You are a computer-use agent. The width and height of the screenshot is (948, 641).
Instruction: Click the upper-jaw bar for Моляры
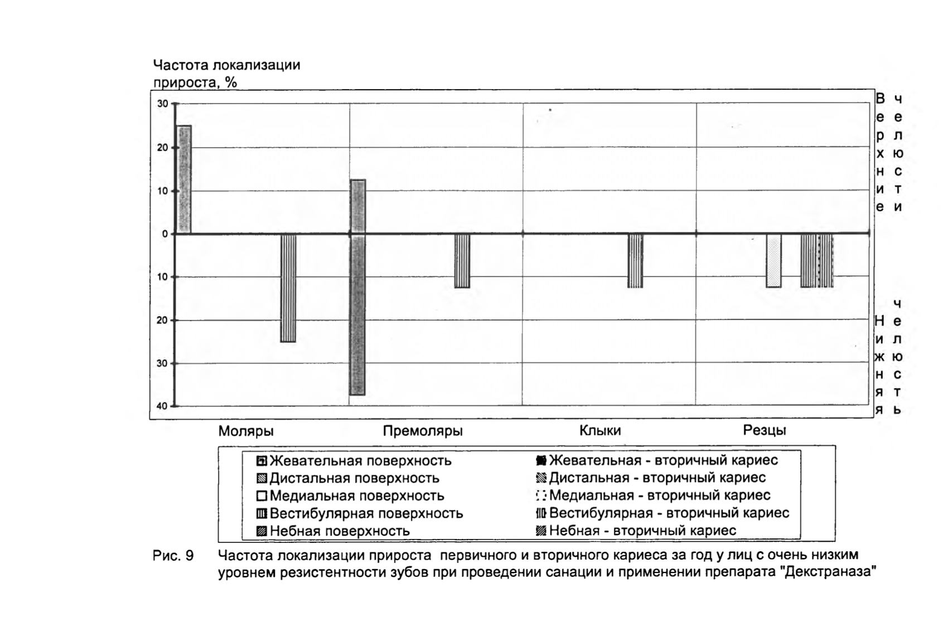click(x=184, y=179)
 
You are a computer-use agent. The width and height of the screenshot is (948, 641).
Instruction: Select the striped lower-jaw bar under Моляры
click(x=288, y=288)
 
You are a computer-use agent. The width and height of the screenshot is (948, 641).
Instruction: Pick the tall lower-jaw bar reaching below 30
click(x=357, y=315)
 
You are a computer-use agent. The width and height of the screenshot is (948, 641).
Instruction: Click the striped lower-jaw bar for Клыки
click(x=635, y=261)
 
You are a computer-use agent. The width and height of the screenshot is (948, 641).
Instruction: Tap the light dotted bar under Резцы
click(x=773, y=261)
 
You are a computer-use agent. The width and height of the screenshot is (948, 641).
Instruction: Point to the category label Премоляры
click(x=422, y=431)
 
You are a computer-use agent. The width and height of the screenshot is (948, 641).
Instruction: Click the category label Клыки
click(x=599, y=431)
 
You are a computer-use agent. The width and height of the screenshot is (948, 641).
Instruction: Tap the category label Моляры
click(x=246, y=431)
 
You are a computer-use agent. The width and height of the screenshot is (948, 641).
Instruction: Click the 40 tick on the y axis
click(x=162, y=406)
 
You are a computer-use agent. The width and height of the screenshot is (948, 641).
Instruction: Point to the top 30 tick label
click(x=162, y=104)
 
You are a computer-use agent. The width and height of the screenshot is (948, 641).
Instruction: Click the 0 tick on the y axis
click(x=165, y=234)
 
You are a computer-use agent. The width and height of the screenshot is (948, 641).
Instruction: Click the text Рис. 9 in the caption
click(x=173, y=556)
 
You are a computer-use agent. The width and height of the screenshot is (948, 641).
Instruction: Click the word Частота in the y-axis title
click(x=181, y=66)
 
